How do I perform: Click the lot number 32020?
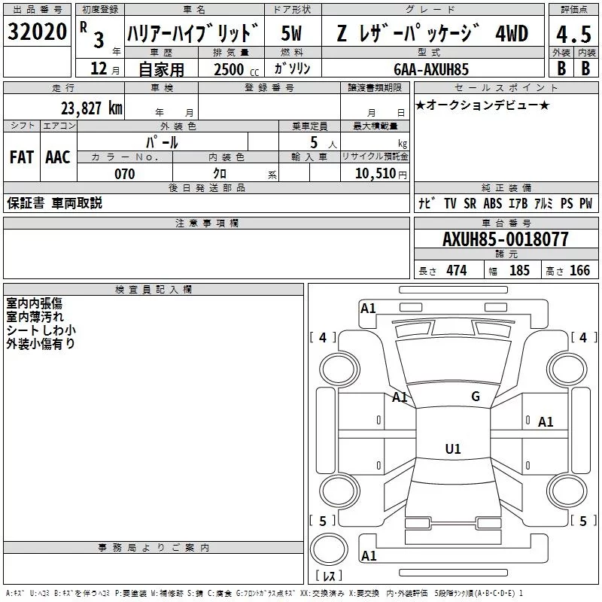click(38, 33)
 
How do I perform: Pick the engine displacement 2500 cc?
click(233, 69)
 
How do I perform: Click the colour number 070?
click(124, 174)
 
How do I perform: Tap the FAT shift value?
click(21, 157)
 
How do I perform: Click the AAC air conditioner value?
click(57, 157)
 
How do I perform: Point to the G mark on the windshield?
click(476, 397)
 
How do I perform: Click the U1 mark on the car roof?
click(452, 449)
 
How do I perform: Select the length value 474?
click(456, 271)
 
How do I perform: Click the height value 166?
click(579, 271)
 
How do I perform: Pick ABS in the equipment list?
click(492, 203)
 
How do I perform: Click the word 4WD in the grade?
click(512, 34)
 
